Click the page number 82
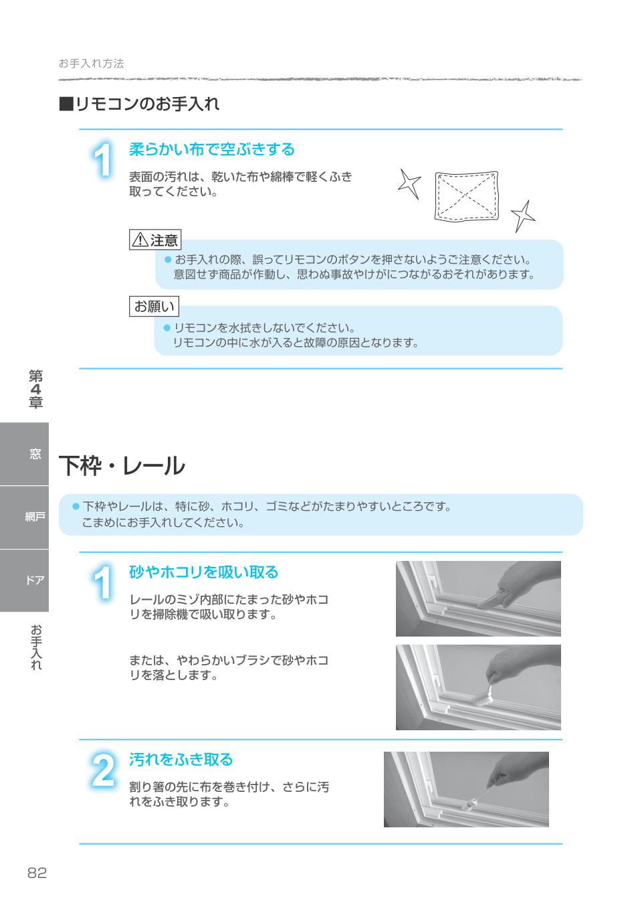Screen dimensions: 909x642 coord(37,873)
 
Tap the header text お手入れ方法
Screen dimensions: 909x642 coord(91,64)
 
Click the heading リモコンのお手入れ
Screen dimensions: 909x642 coord(139,104)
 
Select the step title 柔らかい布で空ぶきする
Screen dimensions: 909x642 coord(211,149)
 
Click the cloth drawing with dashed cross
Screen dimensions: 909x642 coord(467,197)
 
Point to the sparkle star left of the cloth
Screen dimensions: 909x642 coord(409,183)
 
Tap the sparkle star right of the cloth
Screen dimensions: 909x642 coord(524,215)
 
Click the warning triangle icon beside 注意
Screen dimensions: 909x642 coord(140,240)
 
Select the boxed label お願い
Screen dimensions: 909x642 coord(154,307)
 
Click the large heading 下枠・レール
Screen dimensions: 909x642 coord(122,466)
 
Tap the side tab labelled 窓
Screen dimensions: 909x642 coord(35,454)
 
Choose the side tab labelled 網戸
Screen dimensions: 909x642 coord(35,517)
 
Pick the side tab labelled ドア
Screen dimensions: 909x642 coord(35,580)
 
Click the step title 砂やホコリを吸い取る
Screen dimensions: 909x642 coord(203,572)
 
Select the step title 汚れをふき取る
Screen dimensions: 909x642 coord(181,760)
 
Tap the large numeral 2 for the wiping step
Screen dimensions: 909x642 coord(102,770)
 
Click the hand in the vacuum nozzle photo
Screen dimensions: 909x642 coord(525,578)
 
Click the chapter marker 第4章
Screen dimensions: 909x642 coord(35,389)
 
